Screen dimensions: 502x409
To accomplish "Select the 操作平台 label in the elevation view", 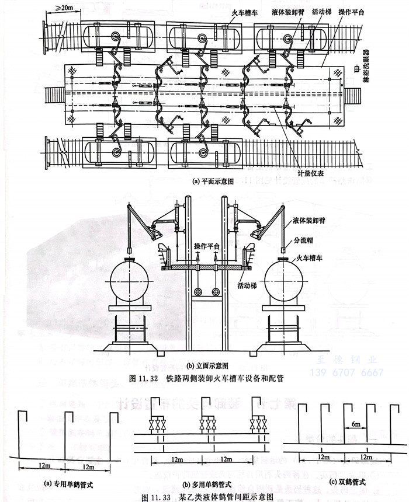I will pyautogui.click(x=207, y=246).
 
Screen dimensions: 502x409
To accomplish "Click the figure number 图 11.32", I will pyautogui.click(x=143, y=378).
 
